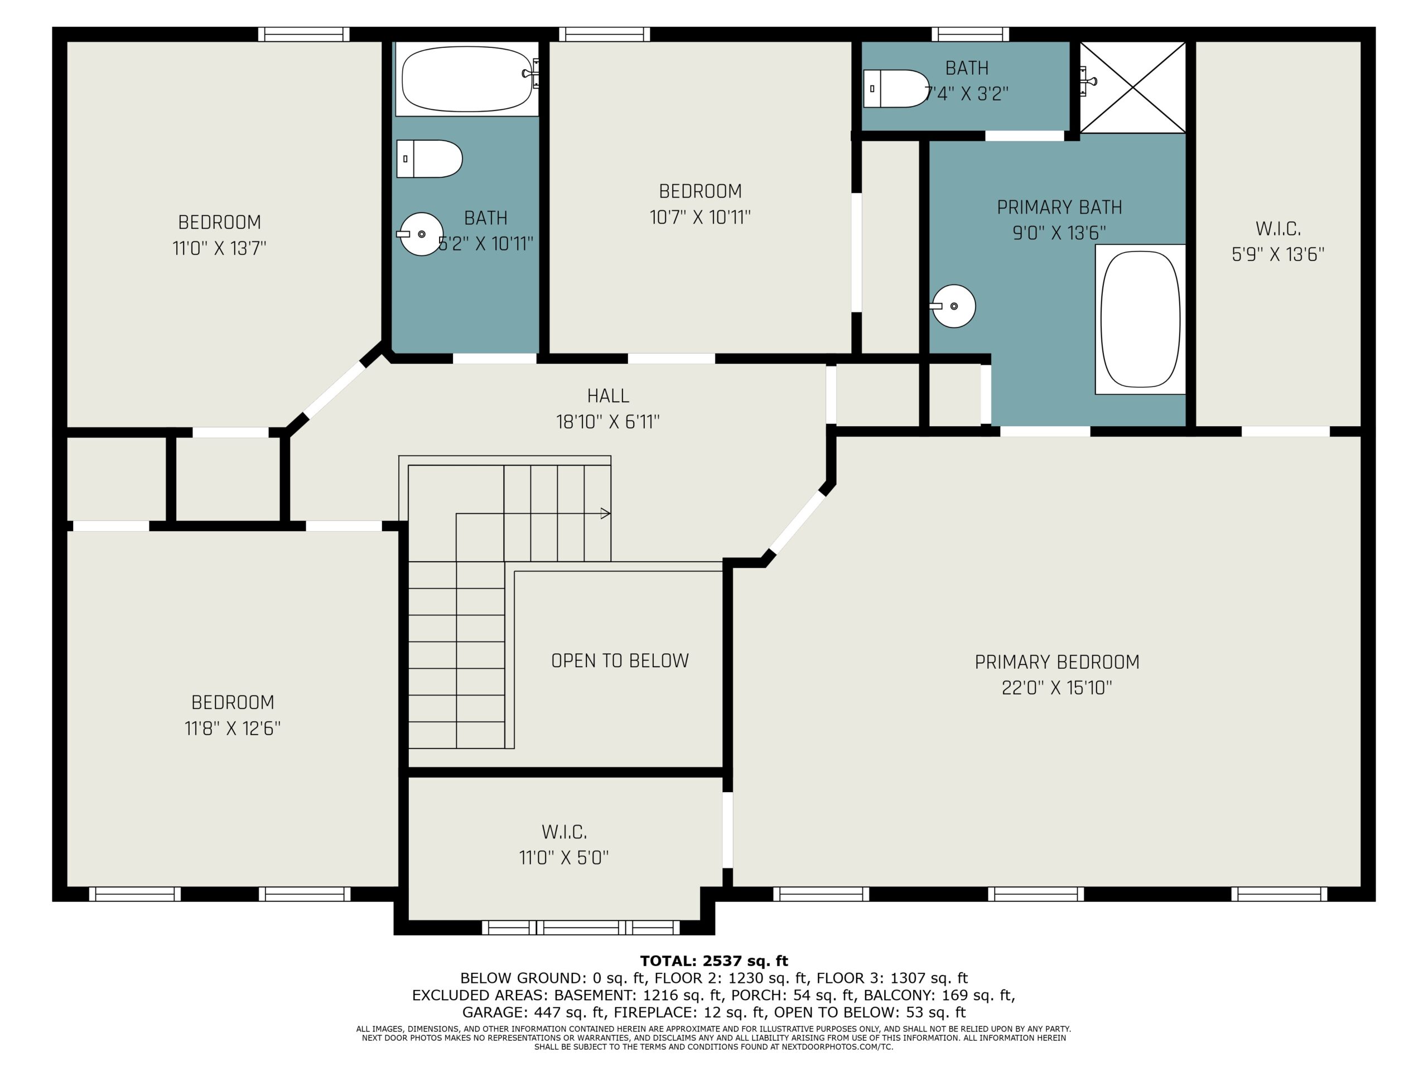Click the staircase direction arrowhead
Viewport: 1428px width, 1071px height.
click(x=606, y=514)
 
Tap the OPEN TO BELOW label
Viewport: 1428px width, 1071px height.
click(x=620, y=660)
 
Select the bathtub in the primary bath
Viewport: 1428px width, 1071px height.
click(x=1140, y=320)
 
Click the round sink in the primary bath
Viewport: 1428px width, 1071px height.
click(x=953, y=306)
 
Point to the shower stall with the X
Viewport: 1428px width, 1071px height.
click(x=1133, y=88)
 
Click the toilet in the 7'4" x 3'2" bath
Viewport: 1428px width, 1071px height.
click(x=896, y=89)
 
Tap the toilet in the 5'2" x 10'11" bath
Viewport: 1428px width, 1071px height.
click(x=430, y=159)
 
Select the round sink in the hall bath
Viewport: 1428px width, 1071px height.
click(x=420, y=234)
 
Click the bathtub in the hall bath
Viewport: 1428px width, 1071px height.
click(x=467, y=79)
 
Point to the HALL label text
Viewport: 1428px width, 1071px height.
click(x=608, y=395)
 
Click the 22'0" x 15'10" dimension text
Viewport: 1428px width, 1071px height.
click(x=1057, y=688)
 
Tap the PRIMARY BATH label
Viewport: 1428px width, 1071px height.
click(x=1059, y=208)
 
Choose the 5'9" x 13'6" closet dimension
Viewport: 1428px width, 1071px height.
click(x=1277, y=254)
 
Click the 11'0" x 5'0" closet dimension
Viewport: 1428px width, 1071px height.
click(x=563, y=857)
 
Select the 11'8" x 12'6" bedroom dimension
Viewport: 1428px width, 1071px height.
click(x=233, y=728)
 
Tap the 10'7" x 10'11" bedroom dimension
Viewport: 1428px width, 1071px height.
click(x=700, y=218)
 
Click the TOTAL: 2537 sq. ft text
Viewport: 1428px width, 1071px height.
click(x=714, y=961)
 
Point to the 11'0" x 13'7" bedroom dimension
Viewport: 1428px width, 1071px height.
click(x=219, y=248)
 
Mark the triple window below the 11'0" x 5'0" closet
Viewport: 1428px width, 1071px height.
click(x=581, y=928)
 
